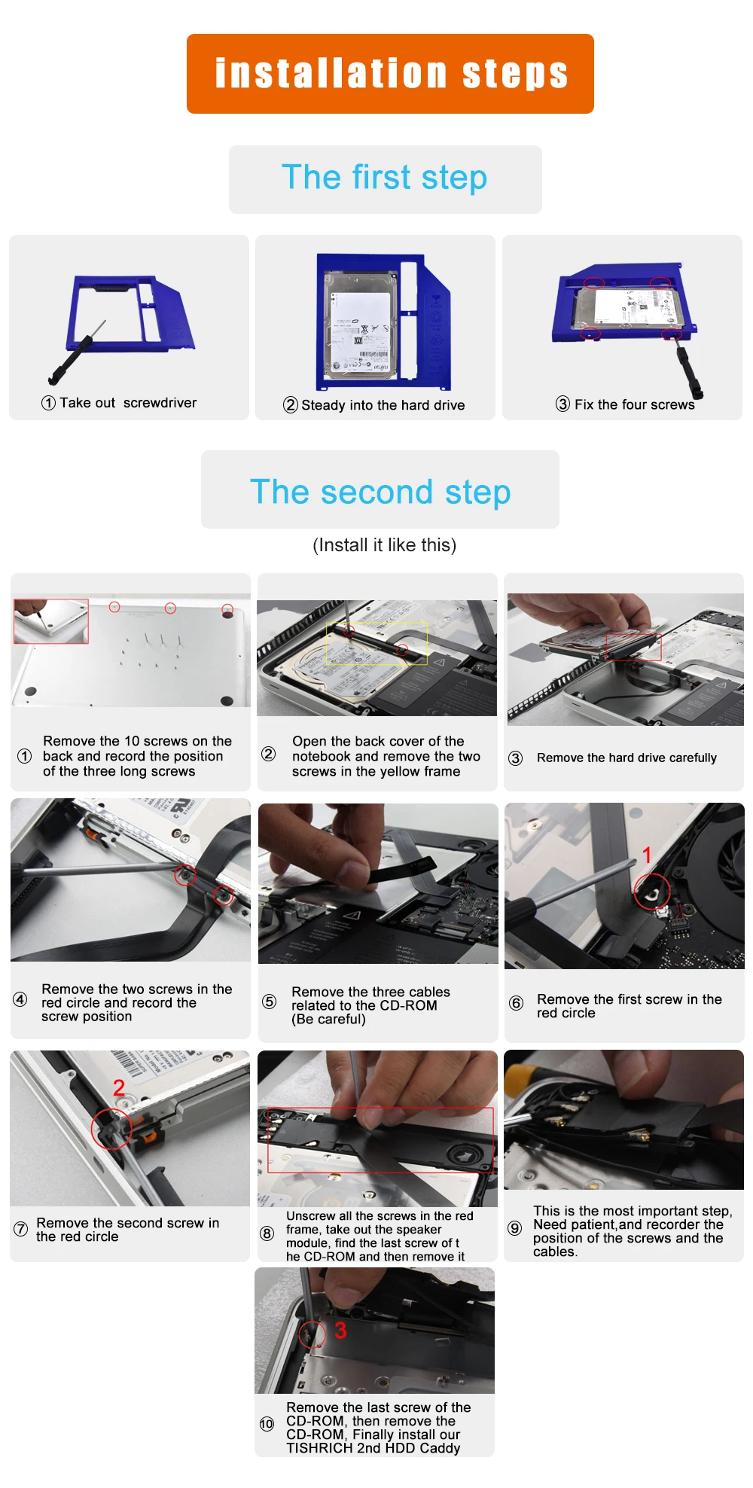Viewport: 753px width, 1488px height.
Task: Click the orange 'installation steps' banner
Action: click(390, 74)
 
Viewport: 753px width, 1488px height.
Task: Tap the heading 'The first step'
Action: click(385, 178)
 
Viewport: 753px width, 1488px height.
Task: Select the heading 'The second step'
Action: click(380, 492)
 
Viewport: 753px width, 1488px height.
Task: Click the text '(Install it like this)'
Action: click(385, 545)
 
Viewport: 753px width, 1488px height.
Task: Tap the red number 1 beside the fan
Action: click(646, 855)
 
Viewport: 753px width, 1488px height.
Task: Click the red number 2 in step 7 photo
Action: click(119, 1087)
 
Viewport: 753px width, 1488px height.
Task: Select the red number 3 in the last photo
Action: click(340, 1331)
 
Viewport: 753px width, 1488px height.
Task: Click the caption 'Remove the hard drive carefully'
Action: click(626, 758)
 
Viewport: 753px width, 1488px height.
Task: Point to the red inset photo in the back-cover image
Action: click(51, 621)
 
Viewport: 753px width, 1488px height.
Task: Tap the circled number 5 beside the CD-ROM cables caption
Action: click(269, 1002)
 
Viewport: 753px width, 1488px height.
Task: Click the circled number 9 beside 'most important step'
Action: click(515, 1228)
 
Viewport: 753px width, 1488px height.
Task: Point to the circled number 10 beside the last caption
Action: click(267, 1424)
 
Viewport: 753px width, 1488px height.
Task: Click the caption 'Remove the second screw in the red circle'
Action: click(127, 1230)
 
